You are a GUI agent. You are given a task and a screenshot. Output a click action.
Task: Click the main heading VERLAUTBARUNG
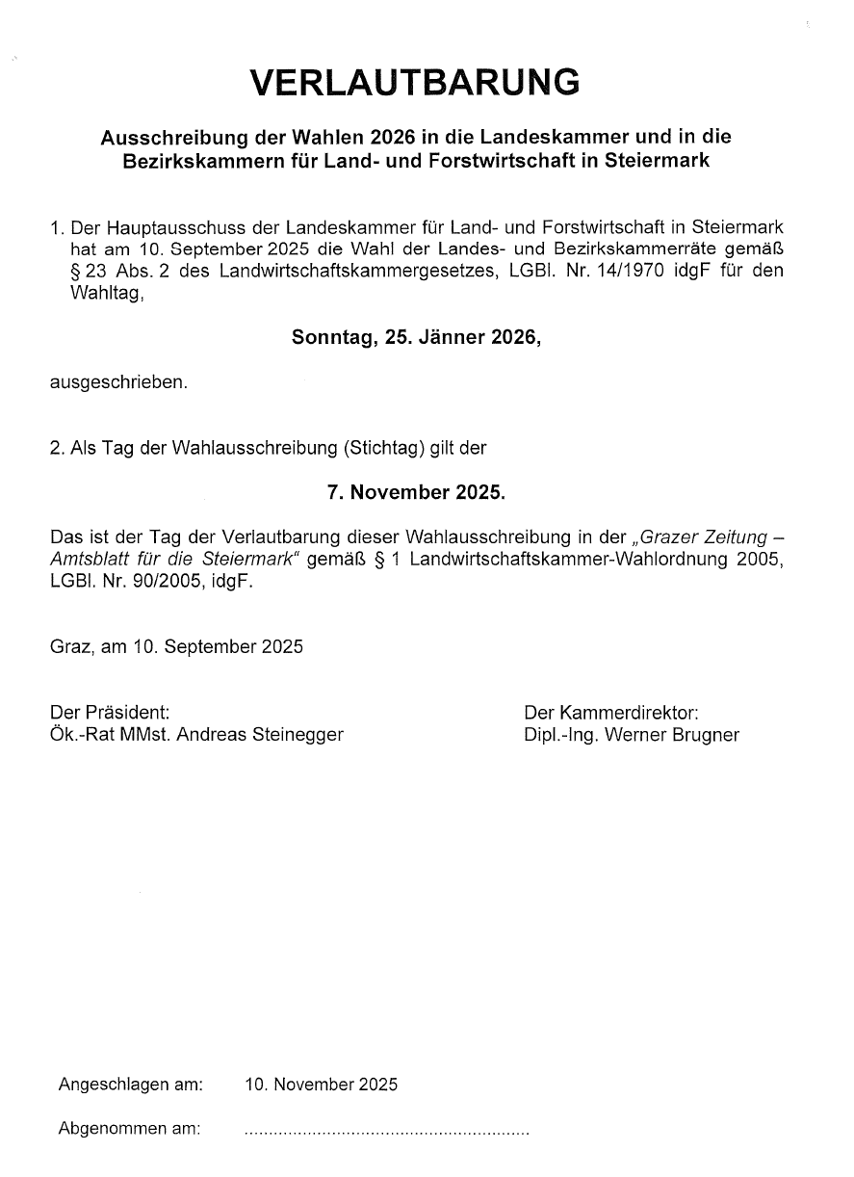(x=415, y=83)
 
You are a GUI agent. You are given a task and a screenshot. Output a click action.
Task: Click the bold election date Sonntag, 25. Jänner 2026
(x=416, y=338)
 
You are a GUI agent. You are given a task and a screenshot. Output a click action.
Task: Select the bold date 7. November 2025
(x=416, y=492)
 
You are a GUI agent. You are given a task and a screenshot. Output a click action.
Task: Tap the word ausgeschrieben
(x=118, y=382)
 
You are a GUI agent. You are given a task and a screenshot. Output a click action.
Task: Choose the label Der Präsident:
(x=110, y=713)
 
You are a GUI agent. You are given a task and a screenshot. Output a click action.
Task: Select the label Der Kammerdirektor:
(x=611, y=713)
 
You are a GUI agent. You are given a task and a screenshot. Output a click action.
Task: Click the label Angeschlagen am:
(x=130, y=1085)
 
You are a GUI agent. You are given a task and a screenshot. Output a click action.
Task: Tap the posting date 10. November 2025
(x=321, y=1085)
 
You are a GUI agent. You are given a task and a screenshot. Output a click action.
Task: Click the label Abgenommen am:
(x=129, y=1128)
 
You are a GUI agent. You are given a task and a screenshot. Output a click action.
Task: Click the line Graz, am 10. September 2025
(x=176, y=646)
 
